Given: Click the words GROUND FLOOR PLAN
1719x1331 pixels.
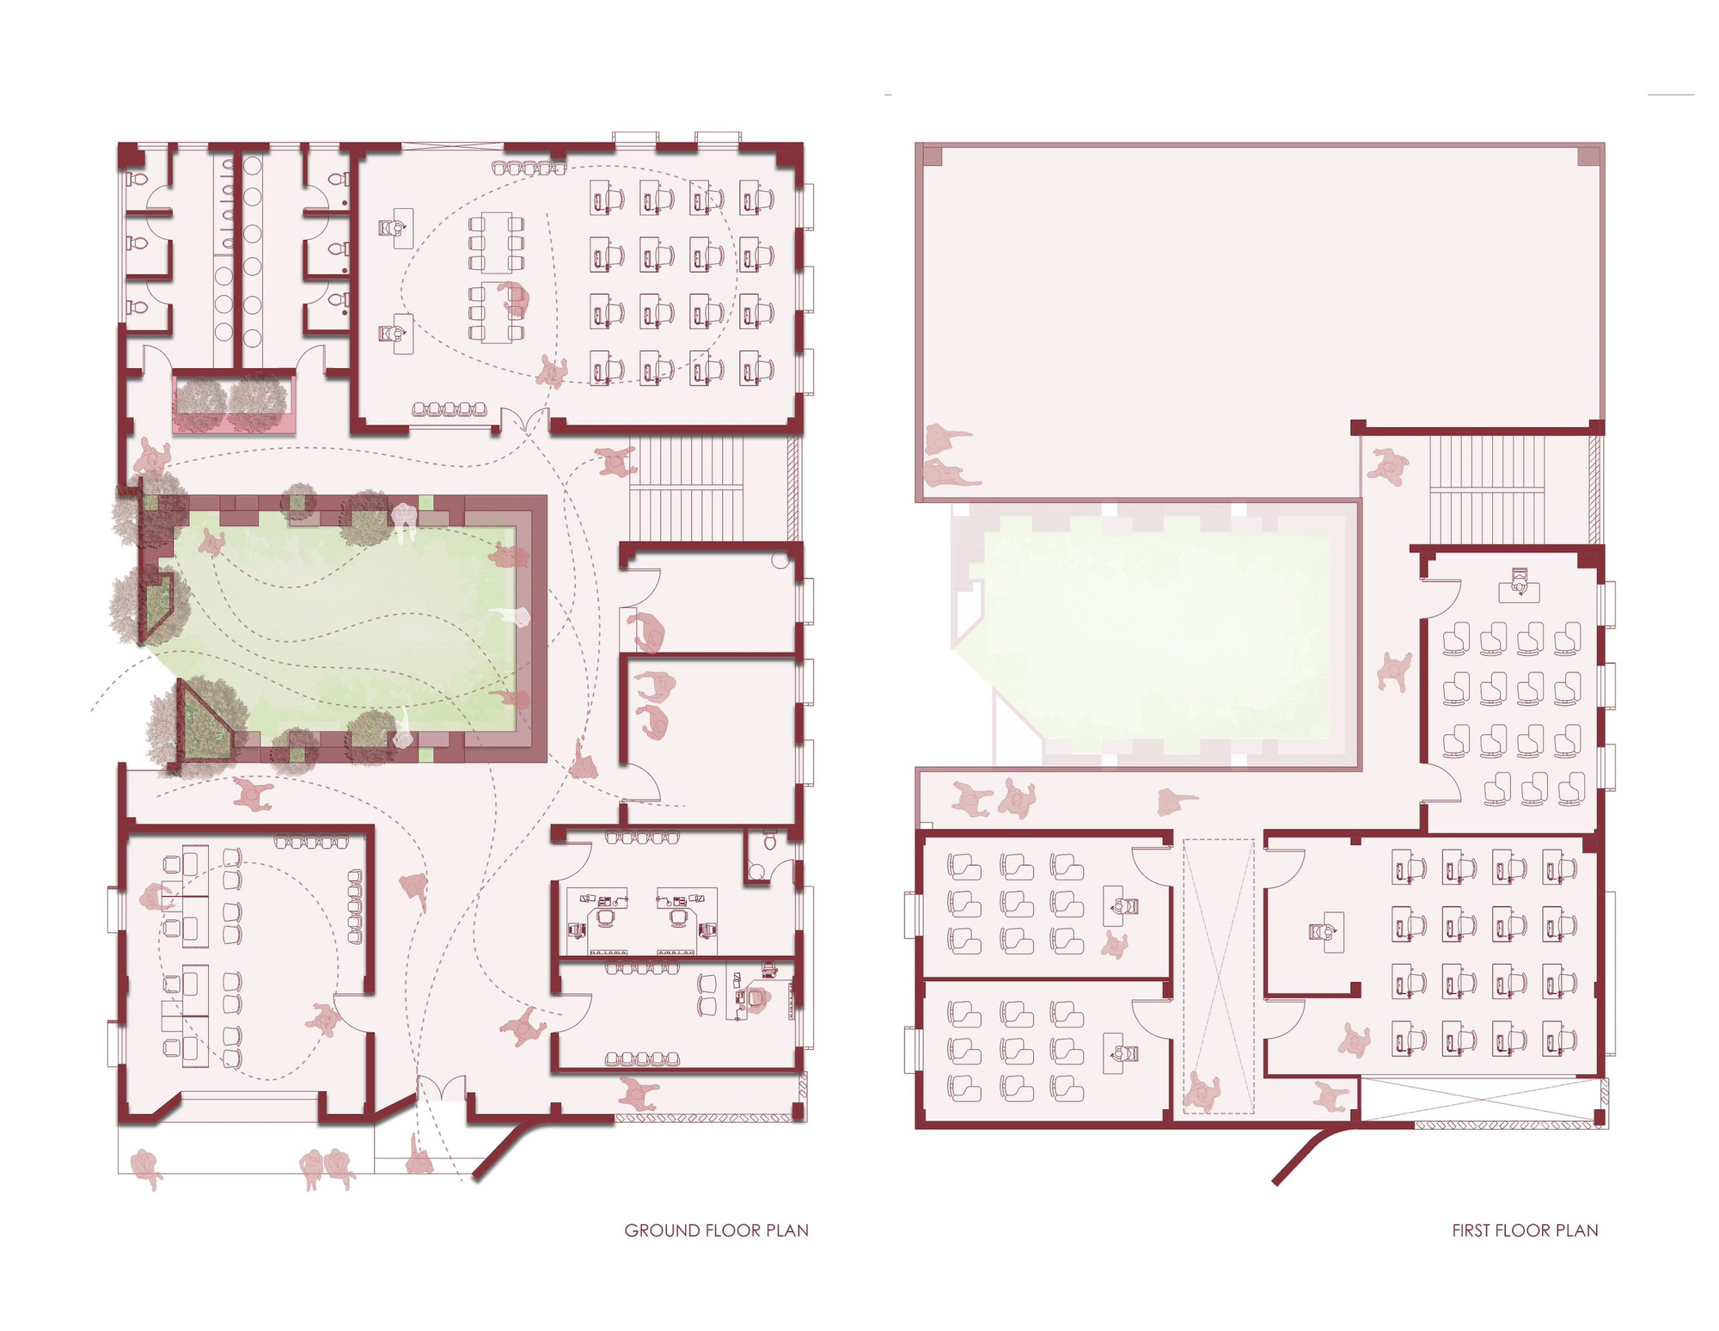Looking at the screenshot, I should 716,1230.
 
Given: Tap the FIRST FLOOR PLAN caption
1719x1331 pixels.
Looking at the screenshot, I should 1525,1230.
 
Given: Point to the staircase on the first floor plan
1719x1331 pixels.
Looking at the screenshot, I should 1486,489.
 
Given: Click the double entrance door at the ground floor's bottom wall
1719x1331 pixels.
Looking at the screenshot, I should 442,1090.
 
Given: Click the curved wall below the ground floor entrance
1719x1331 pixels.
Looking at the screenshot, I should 507,1144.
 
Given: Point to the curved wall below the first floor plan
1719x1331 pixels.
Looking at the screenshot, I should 1306,1152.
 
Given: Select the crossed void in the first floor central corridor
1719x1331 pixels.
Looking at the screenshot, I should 1218,976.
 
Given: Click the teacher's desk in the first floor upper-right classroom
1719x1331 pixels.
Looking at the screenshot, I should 1519,589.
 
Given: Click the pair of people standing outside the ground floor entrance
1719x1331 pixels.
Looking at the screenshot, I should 327,1169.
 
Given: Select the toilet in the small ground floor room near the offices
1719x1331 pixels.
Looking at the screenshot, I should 770,841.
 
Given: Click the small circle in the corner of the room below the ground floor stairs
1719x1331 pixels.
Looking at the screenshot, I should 780,561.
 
